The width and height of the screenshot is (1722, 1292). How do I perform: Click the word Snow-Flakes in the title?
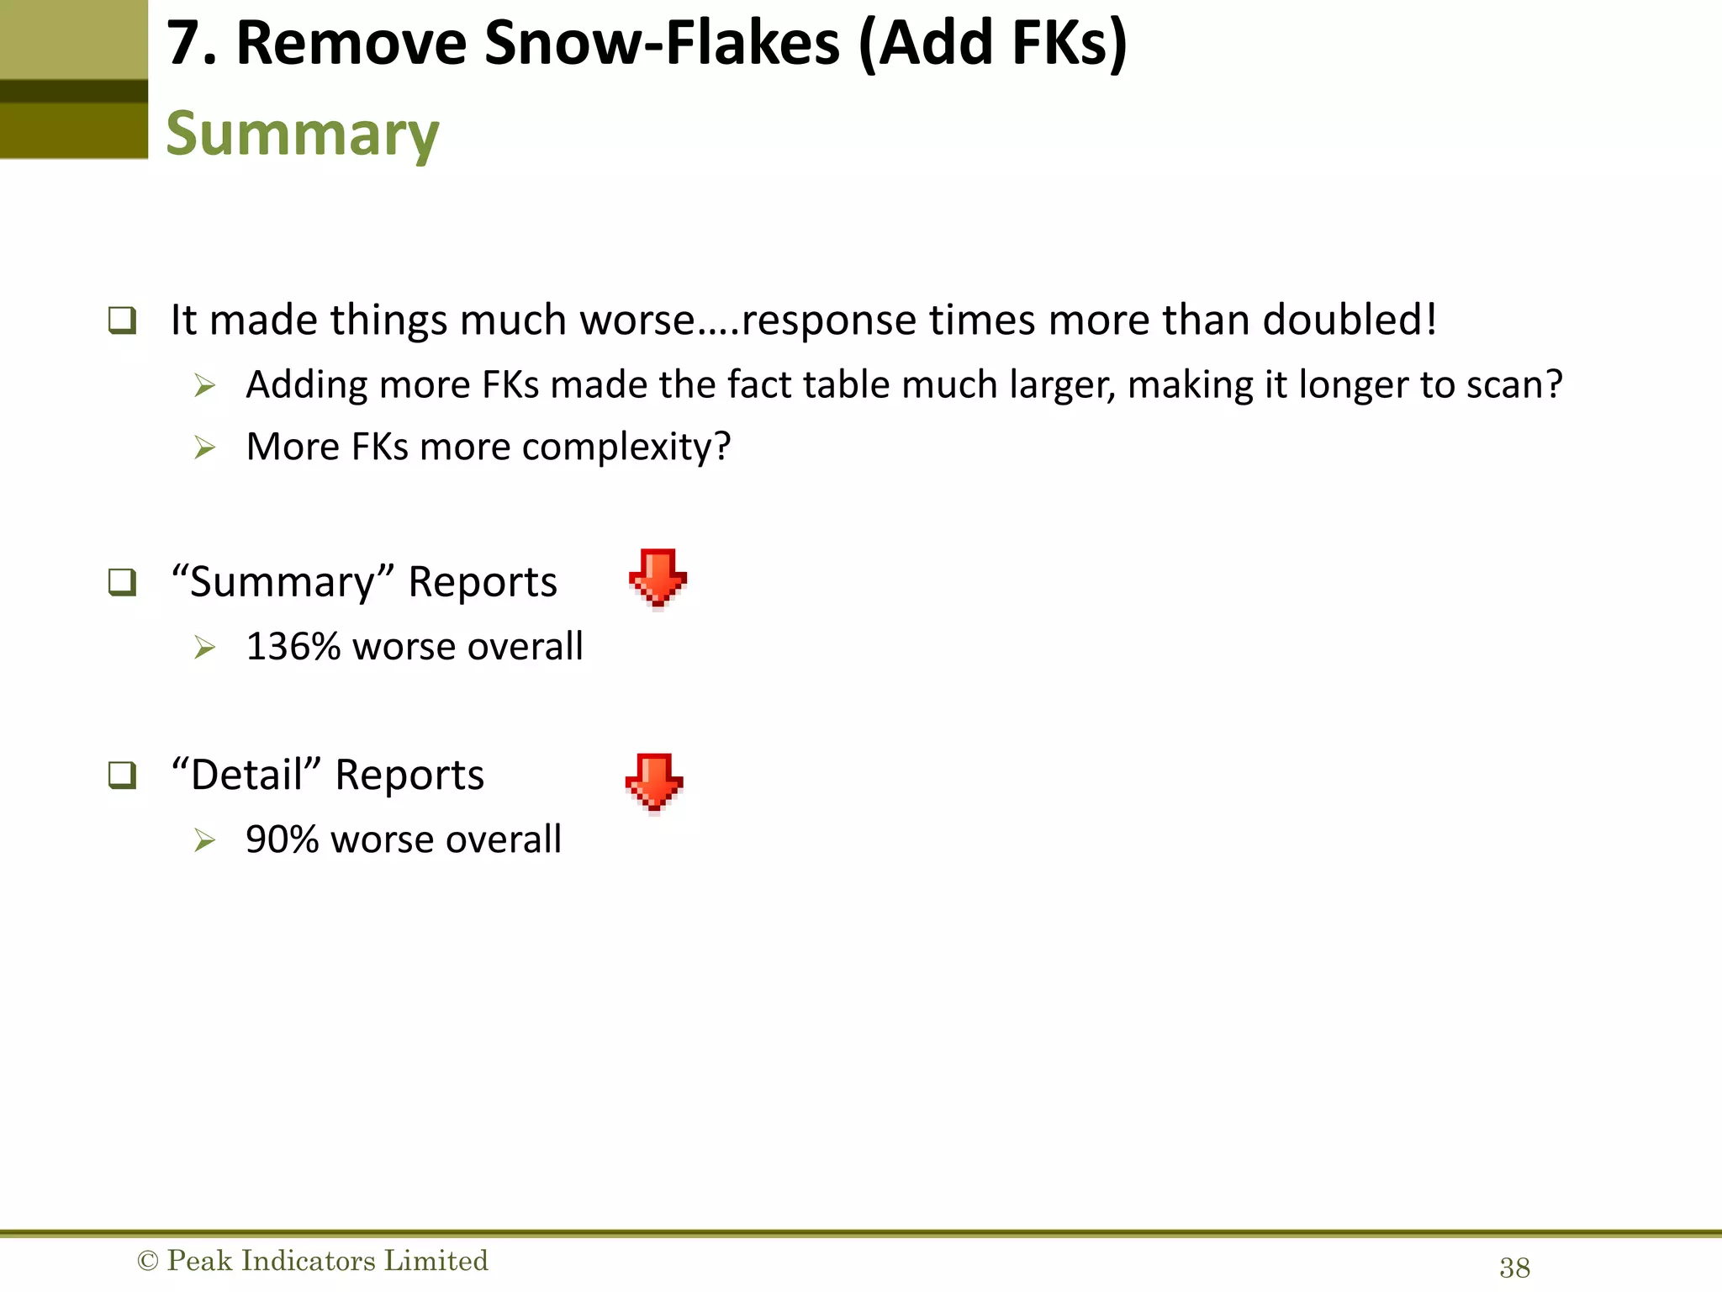pos(662,44)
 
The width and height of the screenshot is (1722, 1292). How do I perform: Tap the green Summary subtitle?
pos(302,135)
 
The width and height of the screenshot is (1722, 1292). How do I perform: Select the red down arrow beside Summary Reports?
pos(658,578)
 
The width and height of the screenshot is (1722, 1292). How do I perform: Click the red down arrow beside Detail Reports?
pos(654,782)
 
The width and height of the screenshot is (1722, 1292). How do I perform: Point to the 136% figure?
pos(293,647)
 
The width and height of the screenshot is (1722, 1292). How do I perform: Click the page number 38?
pos(1514,1268)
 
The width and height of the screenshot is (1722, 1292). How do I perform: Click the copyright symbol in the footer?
pos(147,1261)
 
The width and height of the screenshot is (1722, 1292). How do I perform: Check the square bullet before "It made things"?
pos(122,320)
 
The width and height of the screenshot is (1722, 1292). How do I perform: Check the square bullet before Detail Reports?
pos(122,775)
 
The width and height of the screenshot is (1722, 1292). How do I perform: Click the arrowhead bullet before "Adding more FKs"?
pos(204,386)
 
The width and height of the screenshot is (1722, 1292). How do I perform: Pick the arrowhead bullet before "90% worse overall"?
pos(204,840)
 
